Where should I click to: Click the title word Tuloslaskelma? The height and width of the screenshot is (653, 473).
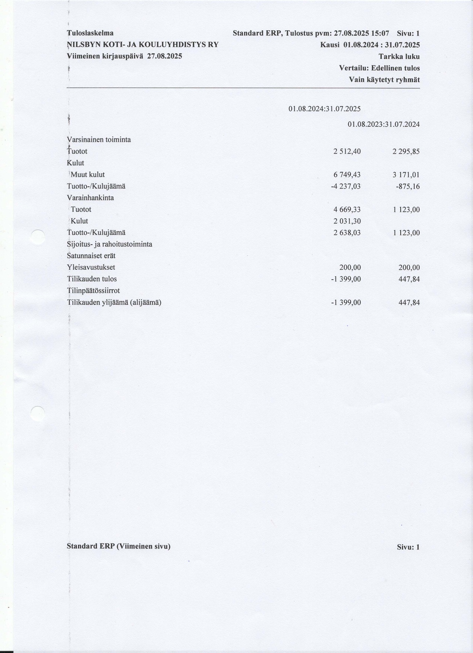pos(90,33)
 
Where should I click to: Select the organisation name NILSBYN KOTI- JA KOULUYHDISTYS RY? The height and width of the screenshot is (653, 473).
pos(143,45)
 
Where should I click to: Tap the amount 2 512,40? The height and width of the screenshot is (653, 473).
pos(347,151)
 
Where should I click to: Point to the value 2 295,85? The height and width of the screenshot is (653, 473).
pos(406,151)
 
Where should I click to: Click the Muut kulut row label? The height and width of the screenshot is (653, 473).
pos(88,175)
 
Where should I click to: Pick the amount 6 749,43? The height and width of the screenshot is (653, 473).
pos(347,175)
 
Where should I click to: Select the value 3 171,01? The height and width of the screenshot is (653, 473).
pos(406,175)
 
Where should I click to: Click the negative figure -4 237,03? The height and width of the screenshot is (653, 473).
pos(346,186)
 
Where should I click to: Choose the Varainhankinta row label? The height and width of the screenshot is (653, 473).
pos(90,198)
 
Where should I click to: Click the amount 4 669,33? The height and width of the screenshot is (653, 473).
pos(347,210)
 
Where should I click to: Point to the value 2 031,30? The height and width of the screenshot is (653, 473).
pos(347,221)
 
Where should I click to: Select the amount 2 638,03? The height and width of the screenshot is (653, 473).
pos(347,233)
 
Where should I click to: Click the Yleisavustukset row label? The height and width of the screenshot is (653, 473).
pos(91,268)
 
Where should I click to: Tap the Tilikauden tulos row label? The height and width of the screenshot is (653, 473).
pos(92,279)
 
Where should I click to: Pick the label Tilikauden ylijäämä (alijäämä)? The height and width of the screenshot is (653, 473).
pos(114,302)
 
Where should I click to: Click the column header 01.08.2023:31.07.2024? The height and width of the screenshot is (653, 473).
pos(384,124)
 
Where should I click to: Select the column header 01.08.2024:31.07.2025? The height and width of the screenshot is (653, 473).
pos(325,109)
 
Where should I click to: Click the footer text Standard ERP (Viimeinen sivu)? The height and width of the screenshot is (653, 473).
pos(119,547)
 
